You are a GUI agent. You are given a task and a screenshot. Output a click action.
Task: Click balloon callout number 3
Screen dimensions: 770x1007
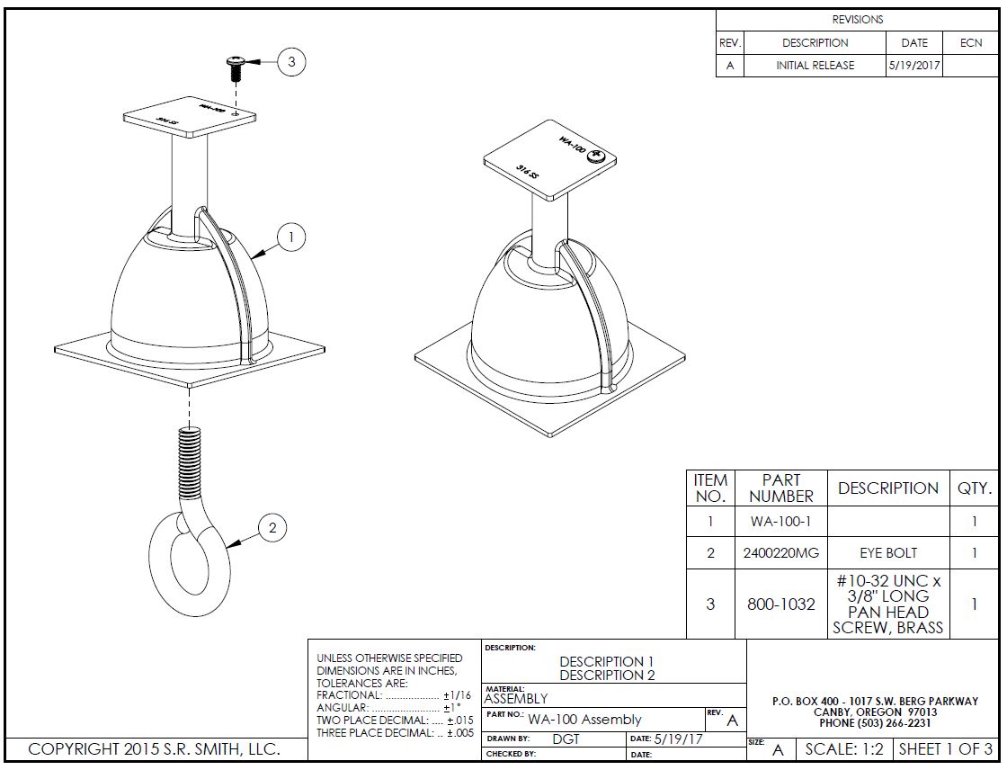point(291,62)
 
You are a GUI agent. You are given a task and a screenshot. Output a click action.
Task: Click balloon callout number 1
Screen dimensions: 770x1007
point(291,237)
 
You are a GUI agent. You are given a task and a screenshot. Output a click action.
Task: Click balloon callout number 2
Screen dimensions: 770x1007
point(273,528)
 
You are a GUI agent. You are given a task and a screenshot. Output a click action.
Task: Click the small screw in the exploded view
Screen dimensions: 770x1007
point(235,67)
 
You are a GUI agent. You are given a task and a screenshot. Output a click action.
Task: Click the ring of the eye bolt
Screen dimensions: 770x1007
point(188,566)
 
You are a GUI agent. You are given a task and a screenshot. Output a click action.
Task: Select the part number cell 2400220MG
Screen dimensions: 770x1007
point(780,553)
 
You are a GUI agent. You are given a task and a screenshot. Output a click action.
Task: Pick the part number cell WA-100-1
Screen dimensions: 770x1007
point(780,522)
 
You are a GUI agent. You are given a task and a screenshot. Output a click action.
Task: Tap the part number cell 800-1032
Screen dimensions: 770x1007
point(780,604)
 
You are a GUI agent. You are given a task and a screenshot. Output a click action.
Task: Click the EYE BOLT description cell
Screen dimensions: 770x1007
point(887,553)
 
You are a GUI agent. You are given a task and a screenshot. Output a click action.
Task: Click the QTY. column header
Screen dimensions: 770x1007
point(974,488)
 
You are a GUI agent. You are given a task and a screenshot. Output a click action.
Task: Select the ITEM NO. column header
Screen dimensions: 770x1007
point(710,488)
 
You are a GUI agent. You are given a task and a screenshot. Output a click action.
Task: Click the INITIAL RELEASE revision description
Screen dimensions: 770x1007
point(815,66)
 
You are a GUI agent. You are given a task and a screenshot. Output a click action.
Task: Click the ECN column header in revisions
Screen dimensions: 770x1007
point(971,43)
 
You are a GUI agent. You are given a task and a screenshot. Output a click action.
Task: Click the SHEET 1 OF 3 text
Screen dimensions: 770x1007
point(946,749)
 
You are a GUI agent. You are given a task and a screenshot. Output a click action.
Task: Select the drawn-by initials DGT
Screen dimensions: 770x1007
point(566,739)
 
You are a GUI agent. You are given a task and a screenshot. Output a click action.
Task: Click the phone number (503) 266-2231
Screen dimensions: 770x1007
point(875,722)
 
